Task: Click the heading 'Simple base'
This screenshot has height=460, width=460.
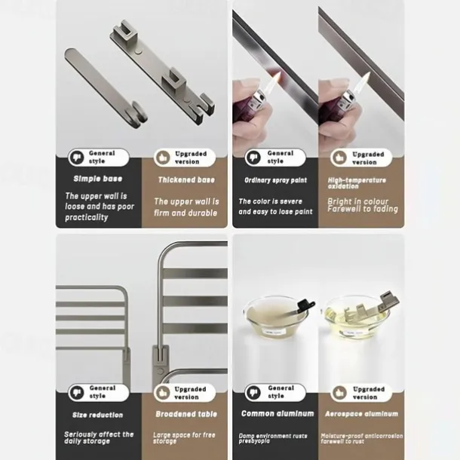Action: (97, 179)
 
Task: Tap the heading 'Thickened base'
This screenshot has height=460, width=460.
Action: (186, 180)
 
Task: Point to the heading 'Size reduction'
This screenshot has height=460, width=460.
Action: (97, 415)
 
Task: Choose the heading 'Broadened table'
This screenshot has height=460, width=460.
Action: (186, 415)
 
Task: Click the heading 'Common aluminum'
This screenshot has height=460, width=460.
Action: (278, 413)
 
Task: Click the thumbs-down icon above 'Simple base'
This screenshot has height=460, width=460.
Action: (76, 157)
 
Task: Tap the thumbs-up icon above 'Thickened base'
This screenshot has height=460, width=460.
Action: (163, 158)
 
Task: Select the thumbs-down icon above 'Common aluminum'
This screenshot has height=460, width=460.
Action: (253, 392)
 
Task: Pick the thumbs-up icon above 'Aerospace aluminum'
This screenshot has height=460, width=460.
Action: (340, 393)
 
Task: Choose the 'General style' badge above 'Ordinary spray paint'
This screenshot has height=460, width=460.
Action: (274, 157)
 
